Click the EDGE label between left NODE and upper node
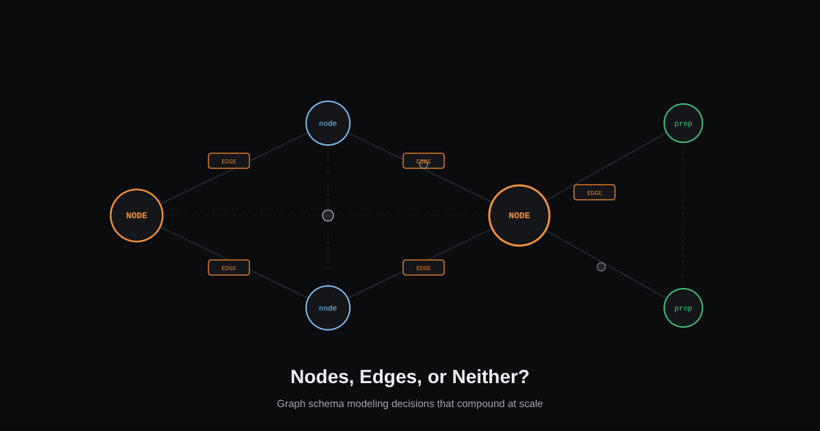[x=229, y=161]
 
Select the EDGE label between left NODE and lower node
[x=229, y=267]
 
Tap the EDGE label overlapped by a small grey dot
[x=424, y=161]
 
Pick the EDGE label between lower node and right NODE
[x=424, y=267]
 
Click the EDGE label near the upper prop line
[x=594, y=192]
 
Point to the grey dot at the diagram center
[x=328, y=215]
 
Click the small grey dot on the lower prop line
[x=601, y=267]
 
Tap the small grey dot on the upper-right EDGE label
[x=424, y=164]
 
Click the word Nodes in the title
[x=322, y=377]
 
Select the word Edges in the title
[x=391, y=377]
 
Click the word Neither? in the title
[x=491, y=377]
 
